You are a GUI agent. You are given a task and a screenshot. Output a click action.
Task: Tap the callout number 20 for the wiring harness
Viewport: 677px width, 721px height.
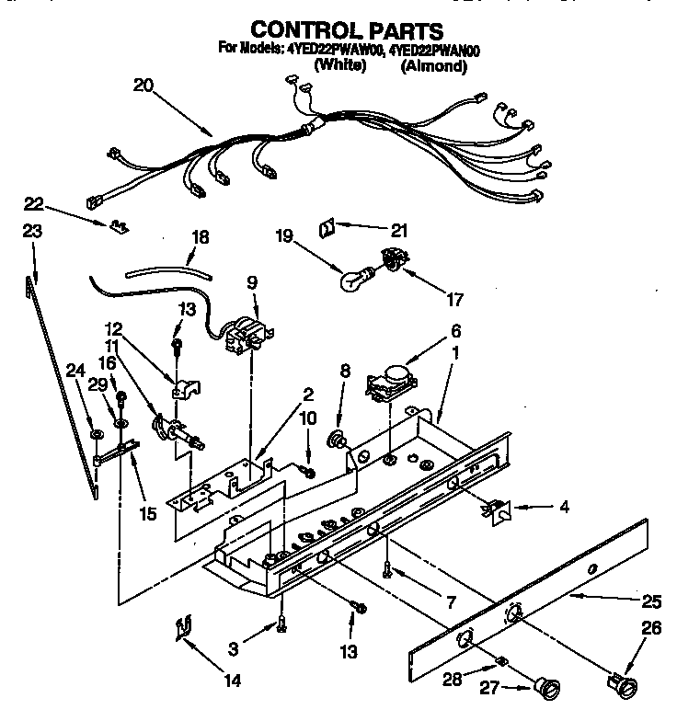[x=143, y=87]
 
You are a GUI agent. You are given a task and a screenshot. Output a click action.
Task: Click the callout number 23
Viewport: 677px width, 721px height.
[x=31, y=233]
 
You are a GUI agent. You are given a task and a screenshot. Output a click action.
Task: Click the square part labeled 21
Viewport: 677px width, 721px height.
[x=327, y=225]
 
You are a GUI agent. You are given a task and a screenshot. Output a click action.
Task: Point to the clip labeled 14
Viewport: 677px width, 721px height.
[x=181, y=629]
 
